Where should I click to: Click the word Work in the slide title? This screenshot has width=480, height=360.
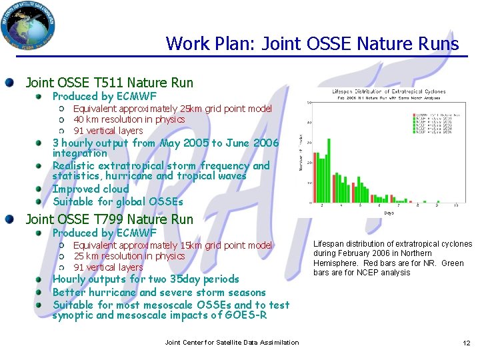point(183,44)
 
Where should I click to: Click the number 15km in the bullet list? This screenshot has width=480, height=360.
point(192,245)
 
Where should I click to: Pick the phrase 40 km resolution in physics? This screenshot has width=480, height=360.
point(129,119)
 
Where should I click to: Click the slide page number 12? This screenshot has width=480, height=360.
point(466,343)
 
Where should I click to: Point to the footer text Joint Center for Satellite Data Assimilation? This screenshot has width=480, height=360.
point(231,343)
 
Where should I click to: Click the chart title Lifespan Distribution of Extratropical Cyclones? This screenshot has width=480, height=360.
point(389,91)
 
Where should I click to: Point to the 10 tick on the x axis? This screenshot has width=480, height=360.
point(455,207)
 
